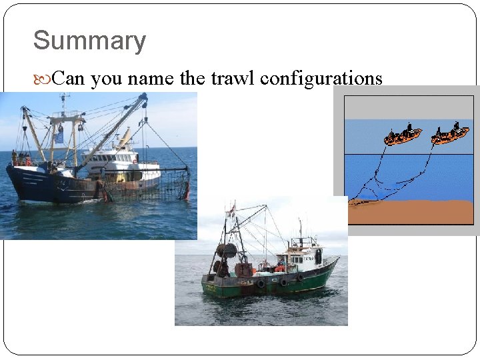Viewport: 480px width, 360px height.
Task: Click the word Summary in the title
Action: (x=89, y=41)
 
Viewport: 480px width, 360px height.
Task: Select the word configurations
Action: (x=321, y=79)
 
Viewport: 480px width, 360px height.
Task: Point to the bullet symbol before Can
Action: (x=42, y=79)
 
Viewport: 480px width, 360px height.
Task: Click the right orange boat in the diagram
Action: (x=449, y=135)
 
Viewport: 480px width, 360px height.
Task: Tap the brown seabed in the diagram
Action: (x=413, y=212)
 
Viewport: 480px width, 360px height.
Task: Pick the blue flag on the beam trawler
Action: (x=59, y=135)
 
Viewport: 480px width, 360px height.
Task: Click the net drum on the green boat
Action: (x=227, y=252)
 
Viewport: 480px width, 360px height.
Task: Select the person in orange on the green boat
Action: (x=281, y=267)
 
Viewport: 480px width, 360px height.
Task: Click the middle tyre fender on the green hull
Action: (x=283, y=282)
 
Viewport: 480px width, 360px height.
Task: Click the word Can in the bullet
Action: (x=69, y=79)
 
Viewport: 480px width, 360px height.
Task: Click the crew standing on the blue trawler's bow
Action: (x=20, y=159)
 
